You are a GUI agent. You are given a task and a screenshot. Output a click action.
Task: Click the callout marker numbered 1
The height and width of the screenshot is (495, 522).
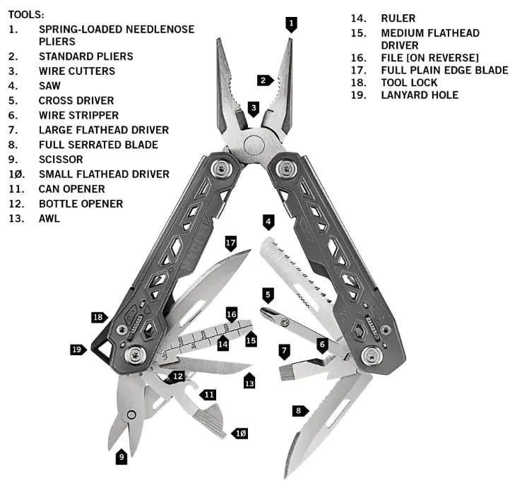click(292, 23)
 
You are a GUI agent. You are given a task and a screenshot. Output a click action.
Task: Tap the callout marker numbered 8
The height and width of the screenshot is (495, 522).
click(299, 410)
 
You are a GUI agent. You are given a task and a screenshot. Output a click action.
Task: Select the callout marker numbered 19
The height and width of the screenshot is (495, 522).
click(78, 349)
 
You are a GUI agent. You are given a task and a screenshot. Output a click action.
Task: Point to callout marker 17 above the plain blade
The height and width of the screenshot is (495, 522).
click(230, 243)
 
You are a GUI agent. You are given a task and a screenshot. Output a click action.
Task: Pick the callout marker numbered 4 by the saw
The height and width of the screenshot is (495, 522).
click(268, 222)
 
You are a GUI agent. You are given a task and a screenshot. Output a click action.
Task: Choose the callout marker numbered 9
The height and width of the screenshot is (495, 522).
click(121, 456)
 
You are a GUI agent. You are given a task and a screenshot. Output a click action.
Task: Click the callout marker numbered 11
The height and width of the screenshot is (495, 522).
click(208, 394)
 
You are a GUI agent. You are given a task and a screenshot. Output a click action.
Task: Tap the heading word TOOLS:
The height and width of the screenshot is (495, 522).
click(25, 14)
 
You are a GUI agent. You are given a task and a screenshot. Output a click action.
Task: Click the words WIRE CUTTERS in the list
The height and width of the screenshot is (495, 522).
click(76, 71)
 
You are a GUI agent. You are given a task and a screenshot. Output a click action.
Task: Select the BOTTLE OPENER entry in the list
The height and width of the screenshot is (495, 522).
click(81, 203)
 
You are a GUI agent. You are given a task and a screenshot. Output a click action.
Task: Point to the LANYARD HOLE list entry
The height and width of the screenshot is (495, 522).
click(419, 95)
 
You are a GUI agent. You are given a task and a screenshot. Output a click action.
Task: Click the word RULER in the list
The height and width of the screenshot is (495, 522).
click(398, 18)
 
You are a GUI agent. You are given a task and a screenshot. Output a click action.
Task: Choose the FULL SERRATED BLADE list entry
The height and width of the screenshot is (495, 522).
click(98, 144)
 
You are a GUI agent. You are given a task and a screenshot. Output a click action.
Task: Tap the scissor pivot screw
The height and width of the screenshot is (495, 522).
click(131, 415)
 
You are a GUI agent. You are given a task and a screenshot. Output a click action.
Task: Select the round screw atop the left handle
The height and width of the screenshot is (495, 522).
click(224, 169)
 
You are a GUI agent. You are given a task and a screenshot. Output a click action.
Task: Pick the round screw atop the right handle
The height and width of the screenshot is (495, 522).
click(286, 169)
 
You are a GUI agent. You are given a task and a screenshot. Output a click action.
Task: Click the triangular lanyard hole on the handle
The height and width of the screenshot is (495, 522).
click(104, 350)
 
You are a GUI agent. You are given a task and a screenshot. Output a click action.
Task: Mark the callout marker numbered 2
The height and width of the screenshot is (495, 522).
click(265, 80)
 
